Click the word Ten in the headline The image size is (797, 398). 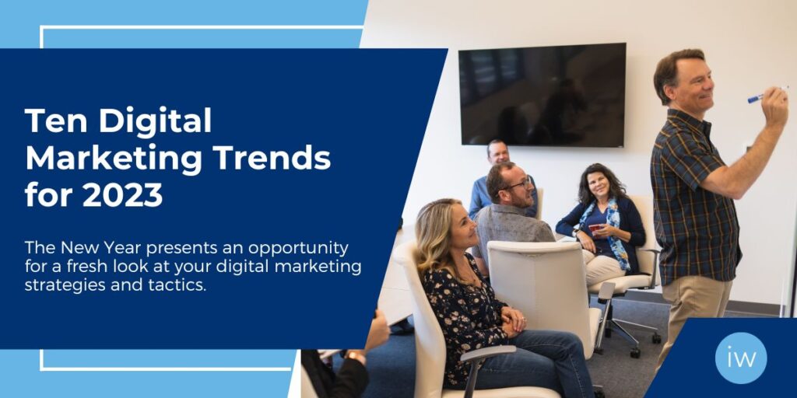pyautogui.click(x=56, y=121)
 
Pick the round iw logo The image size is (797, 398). pyautogui.click(x=741, y=358)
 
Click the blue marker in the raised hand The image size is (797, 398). pyautogui.click(x=757, y=97)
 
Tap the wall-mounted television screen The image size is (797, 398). pyautogui.click(x=542, y=95)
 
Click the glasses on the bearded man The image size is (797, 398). pyautogui.click(x=518, y=184)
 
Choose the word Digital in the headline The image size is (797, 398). pyautogui.click(x=155, y=122)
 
